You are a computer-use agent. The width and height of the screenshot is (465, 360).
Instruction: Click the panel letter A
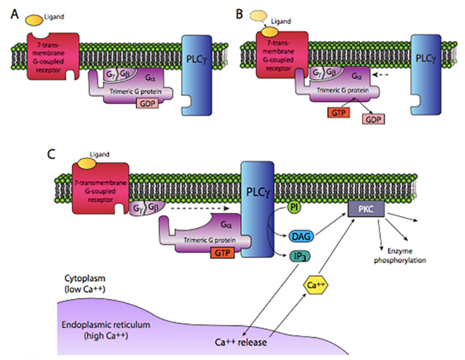(x=9, y=11)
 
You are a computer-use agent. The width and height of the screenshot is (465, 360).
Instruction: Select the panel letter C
(x=10, y=155)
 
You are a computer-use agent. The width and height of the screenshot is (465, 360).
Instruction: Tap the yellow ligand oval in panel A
(x=35, y=17)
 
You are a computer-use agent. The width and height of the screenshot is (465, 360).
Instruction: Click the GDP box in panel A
(x=145, y=103)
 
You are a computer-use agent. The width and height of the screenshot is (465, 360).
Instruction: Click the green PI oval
(x=296, y=206)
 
